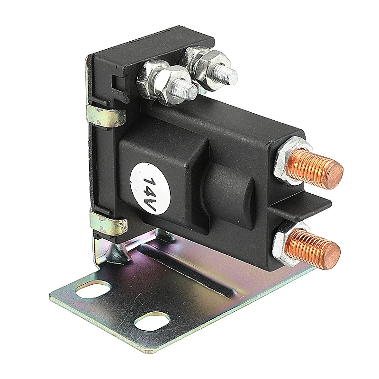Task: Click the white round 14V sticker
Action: (149, 189)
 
